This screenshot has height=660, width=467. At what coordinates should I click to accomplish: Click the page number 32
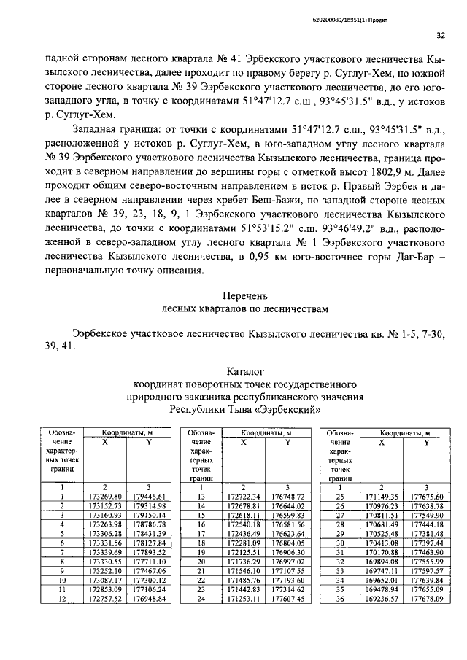[x=441, y=34]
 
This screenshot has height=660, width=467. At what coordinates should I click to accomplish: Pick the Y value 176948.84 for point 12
[x=149, y=599]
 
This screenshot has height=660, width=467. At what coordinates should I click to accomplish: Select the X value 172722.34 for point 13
[x=244, y=496]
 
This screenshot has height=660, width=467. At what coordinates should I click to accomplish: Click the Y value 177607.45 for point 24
[x=287, y=599]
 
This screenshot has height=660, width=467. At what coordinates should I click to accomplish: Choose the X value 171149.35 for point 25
[x=383, y=496]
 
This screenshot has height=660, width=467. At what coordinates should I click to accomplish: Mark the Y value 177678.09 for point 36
[x=427, y=599]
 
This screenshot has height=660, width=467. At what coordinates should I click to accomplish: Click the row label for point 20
[x=198, y=561]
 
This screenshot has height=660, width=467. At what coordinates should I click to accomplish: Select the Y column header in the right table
[x=427, y=442]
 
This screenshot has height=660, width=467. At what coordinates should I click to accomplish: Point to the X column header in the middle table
[x=244, y=442]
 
